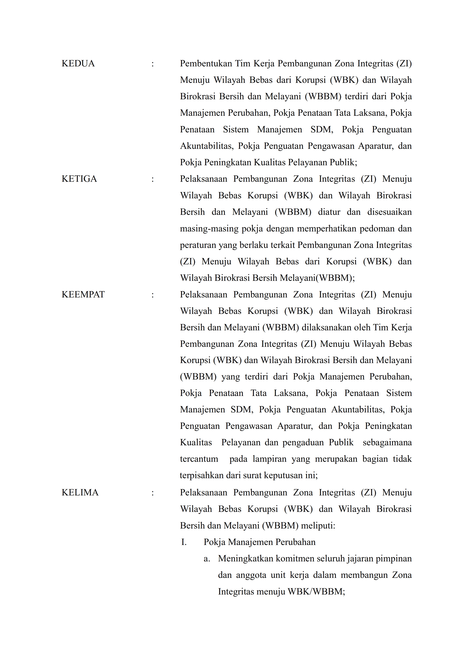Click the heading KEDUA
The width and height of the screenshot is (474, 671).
pos(78,64)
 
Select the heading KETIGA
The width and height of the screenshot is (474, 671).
pos(79,179)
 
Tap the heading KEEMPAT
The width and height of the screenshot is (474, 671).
pos(83,294)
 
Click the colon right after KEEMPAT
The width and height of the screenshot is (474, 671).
pos(152,295)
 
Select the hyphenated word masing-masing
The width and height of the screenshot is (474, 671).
pos(209,229)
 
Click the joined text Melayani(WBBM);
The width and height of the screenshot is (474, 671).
pos(317,278)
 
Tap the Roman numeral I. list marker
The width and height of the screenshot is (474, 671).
pos(184,542)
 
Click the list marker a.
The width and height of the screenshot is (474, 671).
pos(207,559)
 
